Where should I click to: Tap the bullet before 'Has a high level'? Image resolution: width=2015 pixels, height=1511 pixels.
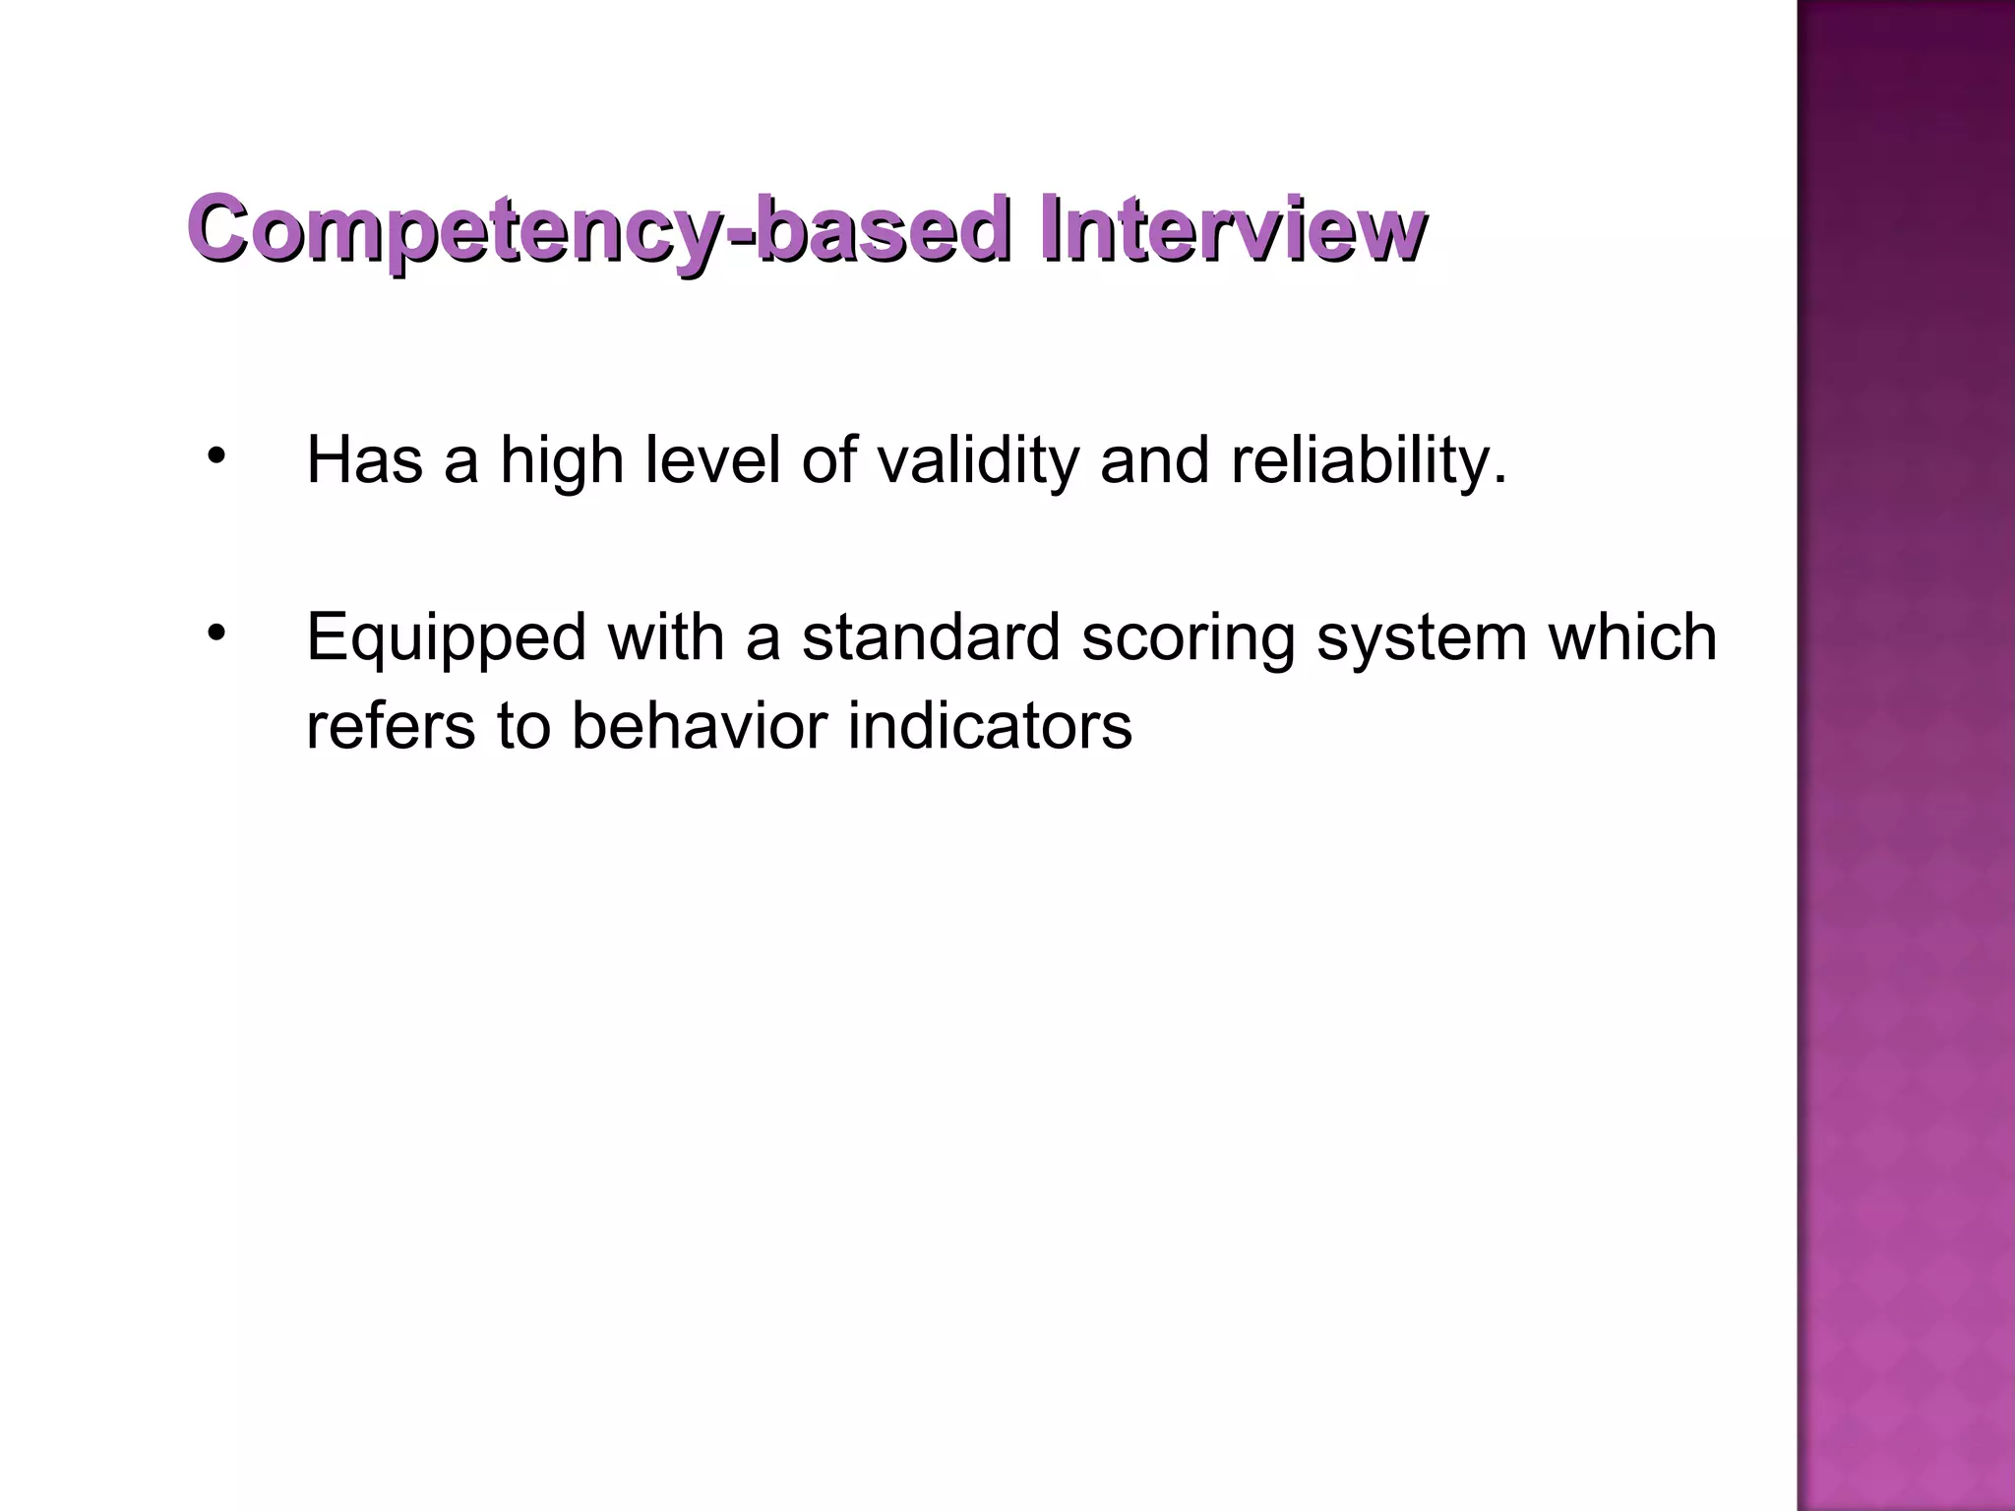pyautogui.click(x=216, y=455)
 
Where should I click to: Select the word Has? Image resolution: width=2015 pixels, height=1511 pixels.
pyautogui.click(x=365, y=460)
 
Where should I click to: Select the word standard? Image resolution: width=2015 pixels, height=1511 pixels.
pyautogui.click(x=931, y=637)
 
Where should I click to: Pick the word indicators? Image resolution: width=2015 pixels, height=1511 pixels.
pyautogui.click(x=989, y=726)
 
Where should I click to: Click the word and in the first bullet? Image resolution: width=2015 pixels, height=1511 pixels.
pyautogui.click(x=1154, y=460)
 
